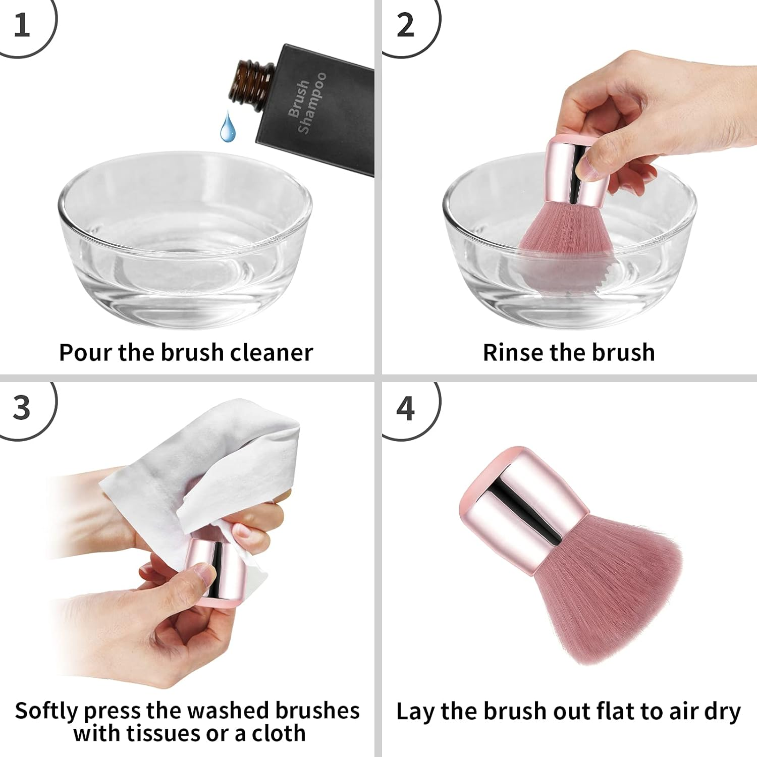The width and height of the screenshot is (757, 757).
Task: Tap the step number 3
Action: coord(21,408)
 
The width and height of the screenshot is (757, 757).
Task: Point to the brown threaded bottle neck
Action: coord(251,81)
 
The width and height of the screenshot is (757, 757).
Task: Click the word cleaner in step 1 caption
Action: coord(272,353)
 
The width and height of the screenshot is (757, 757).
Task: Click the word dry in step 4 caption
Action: coord(722,711)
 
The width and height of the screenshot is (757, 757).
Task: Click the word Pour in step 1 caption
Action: coord(86,353)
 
